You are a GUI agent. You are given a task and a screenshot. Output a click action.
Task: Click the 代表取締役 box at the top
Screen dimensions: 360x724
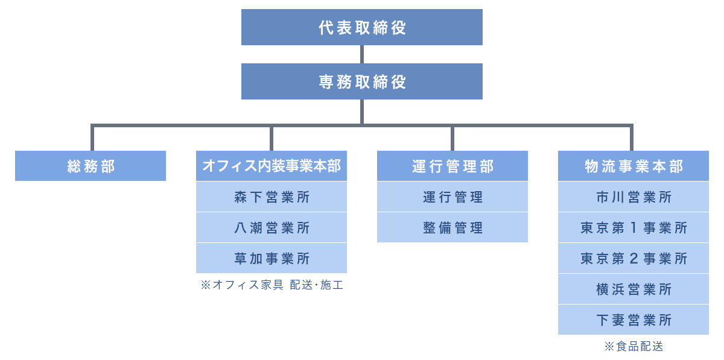pyautogui.click(x=362, y=27)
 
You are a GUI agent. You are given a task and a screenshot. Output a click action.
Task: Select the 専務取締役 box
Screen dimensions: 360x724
pyautogui.click(x=362, y=81)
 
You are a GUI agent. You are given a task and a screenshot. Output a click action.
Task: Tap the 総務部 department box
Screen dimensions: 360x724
pyautogui.click(x=91, y=166)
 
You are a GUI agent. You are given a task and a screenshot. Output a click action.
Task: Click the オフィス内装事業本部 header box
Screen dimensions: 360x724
pyautogui.click(x=271, y=166)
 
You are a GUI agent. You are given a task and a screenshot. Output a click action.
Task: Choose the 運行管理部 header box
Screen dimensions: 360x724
pyautogui.click(x=453, y=166)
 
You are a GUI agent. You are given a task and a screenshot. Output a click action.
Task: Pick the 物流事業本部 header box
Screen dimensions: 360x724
pyautogui.click(x=634, y=166)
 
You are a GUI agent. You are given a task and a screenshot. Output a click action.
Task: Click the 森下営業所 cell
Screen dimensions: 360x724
pyautogui.click(x=271, y=197)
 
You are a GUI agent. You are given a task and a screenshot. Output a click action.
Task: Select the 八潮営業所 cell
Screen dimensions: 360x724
pyautogui.click(x=271, y=228)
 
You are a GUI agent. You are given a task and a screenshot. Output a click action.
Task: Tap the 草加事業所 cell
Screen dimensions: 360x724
pyautogui.click(x=271, y=259)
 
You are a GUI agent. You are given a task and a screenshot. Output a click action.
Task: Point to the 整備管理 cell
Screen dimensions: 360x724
pyautogui.click(x=453, y=228)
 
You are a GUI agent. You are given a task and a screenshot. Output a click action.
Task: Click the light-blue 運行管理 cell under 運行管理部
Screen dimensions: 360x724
pyautogui.click(x=453, y=197)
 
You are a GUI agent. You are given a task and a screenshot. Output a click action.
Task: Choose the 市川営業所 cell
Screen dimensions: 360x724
pyautogui.click(x=634, y=197)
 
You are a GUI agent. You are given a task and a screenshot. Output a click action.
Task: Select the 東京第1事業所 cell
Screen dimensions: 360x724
pyautogui.click(x=634, y=228)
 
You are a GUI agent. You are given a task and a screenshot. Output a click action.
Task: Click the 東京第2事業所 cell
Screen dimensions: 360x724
pyautogui.click(x=634, y=259)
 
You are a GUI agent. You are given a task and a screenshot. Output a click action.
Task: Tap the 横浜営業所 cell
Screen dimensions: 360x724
pyautogui.click(x=634, y=289)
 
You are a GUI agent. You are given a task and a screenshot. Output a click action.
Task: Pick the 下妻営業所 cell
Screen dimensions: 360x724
pyautogui.click(x=634, y=320)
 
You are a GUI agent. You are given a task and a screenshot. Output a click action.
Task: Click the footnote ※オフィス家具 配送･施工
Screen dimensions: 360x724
pyautogui.click(x=271, y=285)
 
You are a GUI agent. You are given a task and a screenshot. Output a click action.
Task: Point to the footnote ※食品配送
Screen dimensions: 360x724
pyautogui.click(x=634, y=347)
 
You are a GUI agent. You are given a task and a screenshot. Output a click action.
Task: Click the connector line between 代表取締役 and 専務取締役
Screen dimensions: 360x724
pyautogui.click(x=362, y=54)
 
